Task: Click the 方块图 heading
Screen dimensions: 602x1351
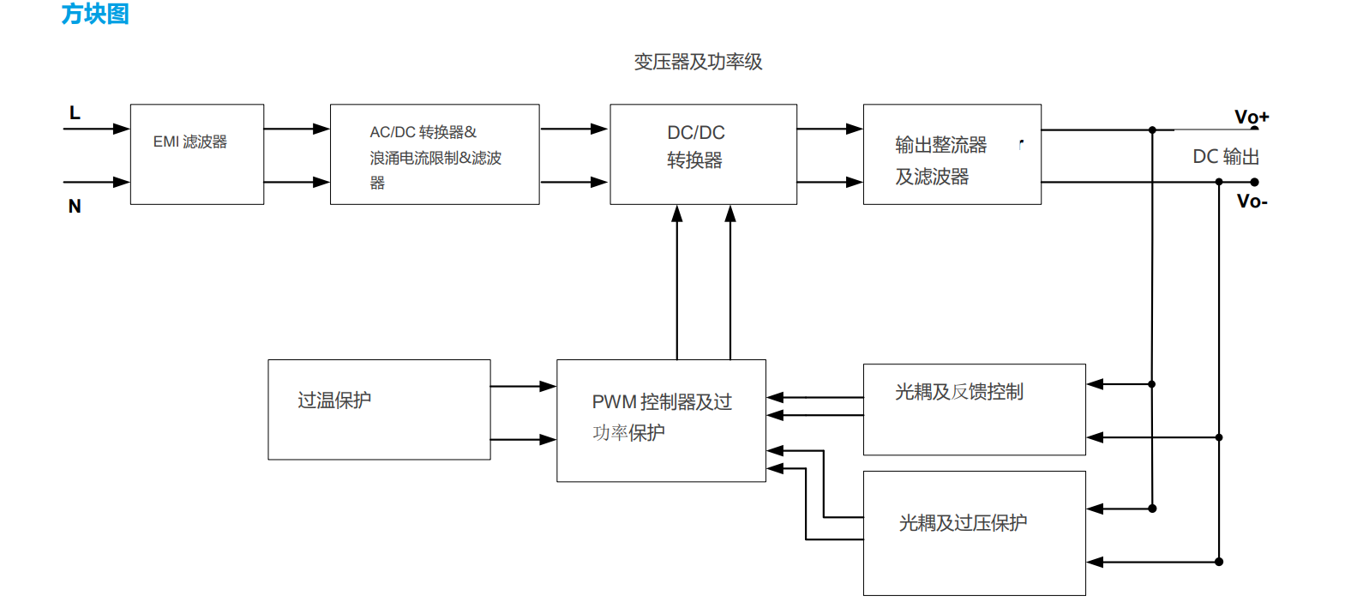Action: tap(95, 14)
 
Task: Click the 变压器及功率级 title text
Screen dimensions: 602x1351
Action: tap(698, 62)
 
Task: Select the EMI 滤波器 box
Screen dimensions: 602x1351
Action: tap(197, 154)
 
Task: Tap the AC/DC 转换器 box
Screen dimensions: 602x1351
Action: tap(435, 154)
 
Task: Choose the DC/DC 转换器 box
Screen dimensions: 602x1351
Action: tap(703, 154)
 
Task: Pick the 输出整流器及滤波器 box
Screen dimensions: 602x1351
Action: tap(952, 154)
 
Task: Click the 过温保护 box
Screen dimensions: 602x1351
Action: tap(379, 410)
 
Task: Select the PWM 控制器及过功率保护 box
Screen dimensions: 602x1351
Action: tap(661, 420)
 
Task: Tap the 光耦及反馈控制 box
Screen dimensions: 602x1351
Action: tap(974, 409)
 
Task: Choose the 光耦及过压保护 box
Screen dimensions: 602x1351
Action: tap(974, 533)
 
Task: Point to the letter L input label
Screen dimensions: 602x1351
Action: tap(75, 113)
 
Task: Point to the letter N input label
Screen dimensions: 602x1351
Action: tap(75, 207)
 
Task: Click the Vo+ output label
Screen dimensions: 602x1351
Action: tap(1251, 117)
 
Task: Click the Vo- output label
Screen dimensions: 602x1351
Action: tap(1252, 202)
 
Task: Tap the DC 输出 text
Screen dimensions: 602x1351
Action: tap(1226, 157)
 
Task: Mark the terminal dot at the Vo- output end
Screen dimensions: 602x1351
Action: tap(1254, 182)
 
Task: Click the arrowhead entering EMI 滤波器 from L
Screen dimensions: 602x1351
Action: tap(121, 129)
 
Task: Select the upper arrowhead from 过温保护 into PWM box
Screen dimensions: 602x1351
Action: tap(548, 387)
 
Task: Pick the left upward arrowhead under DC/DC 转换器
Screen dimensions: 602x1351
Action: tap(677, 214)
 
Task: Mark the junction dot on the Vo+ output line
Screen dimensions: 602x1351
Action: tap(1152, 130)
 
